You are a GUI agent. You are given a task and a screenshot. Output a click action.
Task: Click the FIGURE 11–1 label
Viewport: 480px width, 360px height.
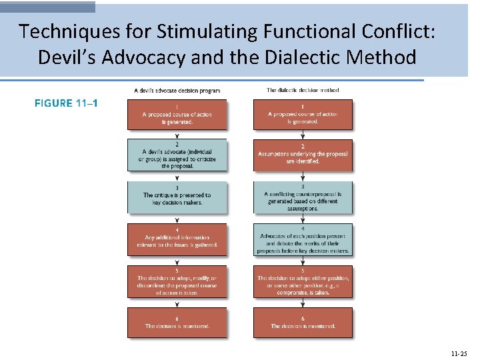click(x=66, y=103)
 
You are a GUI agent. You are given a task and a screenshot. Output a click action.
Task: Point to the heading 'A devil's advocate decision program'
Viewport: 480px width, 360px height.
click(x=177, y=91)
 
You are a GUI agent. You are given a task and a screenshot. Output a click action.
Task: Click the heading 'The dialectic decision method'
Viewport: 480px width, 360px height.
click(x=303, y=90)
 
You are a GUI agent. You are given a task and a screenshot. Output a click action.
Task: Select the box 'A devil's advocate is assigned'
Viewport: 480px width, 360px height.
click(x=177, y=155)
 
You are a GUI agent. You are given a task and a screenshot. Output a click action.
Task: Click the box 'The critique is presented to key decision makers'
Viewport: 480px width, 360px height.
click(x=177, y=197)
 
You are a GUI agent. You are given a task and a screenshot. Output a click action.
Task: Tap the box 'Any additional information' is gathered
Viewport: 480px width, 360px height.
click(x=177, y=239)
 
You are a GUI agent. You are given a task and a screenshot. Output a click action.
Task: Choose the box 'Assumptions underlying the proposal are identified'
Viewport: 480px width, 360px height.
click(x=303, y=155)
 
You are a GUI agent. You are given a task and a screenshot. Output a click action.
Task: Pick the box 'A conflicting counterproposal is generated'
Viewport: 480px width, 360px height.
click(x=303, y=197)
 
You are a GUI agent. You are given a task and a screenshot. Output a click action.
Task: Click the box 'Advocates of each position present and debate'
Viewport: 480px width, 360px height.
click(x=303, y=239)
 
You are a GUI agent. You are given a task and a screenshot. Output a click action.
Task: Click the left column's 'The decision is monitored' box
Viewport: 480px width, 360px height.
click(x=177, y=322)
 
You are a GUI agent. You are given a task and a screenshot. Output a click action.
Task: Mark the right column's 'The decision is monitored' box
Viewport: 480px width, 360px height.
click(x=303, y=322)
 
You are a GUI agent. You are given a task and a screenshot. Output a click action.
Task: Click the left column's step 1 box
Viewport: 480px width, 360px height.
click(x=177, y=114)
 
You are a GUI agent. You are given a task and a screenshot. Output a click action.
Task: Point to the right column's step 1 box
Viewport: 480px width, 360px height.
click(x=303, y=114)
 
